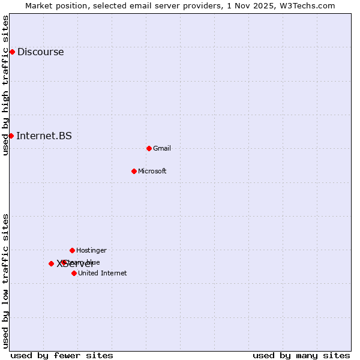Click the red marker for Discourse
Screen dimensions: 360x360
[x=12, y=52]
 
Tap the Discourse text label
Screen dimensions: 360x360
[x=40, y=52]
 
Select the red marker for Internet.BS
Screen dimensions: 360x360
[x=11, y=136]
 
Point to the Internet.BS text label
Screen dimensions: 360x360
[x=44, y=136]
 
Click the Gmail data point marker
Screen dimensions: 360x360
[x=149, y=148]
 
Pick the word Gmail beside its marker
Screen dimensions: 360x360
[x=162, y=148]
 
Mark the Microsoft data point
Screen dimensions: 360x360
[x=134, y=171]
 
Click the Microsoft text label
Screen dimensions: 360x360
[x=152, y=171]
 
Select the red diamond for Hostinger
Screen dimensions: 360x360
[x=72, y=250]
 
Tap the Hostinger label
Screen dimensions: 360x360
[x=91, y=250]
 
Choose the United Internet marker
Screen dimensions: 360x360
[x=74, y=273]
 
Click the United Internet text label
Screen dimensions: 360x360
[x=103, y=273]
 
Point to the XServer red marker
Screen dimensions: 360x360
[x=51, y=263]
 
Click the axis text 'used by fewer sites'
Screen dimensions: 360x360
[x=62, y=355]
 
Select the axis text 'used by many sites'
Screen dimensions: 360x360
[x=301, y=355]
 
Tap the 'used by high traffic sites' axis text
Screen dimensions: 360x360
[x=6, y=85]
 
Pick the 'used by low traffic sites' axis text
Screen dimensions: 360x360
[x=6, y=281]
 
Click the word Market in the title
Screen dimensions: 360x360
[x=40, y=5]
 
